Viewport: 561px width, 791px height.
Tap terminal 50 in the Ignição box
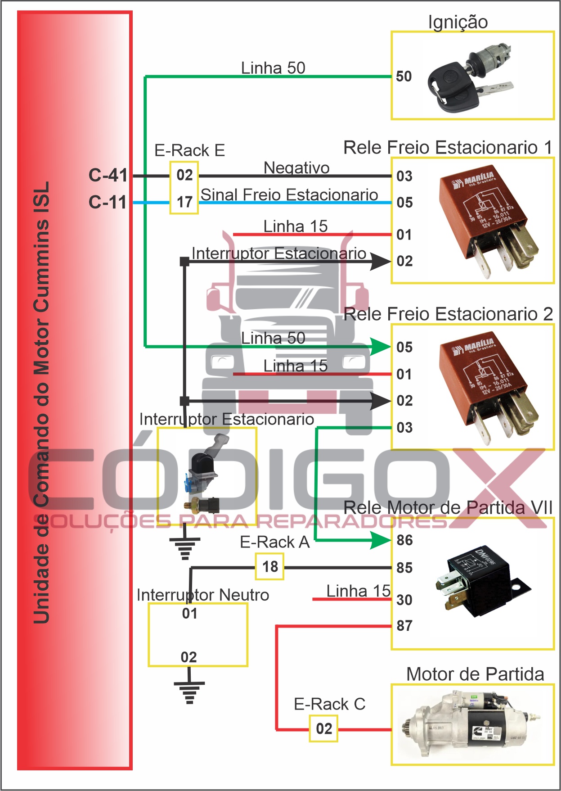pyautogui.click(x=404, y=77)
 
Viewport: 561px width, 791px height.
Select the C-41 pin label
pyautogui.click(x=108, y=175)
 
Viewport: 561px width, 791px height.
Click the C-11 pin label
pyautogui.click(x=108, y=202)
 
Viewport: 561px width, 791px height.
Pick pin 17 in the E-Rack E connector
pyautogui.click(x=184, y=202)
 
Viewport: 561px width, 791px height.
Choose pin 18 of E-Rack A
pyautogui.click(x=270, y=566)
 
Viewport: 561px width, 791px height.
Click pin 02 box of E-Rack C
pyautogui.click(x=323, y=728)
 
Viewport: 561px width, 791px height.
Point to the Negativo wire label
pyautogui.click(x=296, y=168)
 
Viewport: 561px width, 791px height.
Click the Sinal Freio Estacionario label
pyautogui.click(x=289, y=194)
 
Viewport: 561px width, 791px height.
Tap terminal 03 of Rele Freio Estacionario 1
pyautogui.click(x=404, y=176)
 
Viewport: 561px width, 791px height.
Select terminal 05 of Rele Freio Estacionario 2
pyautogui.click(x=404, y=347)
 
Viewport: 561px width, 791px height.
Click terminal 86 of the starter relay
pyautogui.click(x=404, y=540)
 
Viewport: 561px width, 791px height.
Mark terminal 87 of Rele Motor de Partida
pyautogui.click(x=404, y=625)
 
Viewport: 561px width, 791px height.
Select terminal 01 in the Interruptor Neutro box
pyautogui.click(x=190, y=613)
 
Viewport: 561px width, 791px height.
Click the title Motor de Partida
pyautogui.click(x=475, y=674)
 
